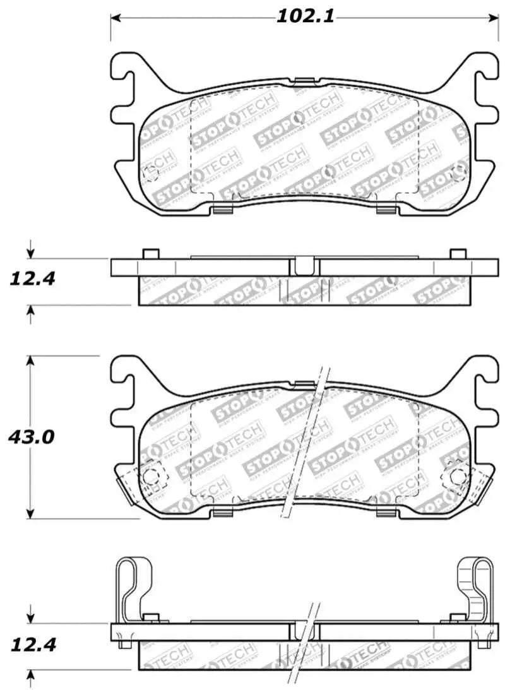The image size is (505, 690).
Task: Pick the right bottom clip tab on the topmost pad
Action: pyautogui.click(x=384, y=210)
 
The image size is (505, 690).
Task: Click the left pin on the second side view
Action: pyautogui.click(x=150, y=254)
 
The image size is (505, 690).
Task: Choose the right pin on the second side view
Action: pyautogui.click(x=457, y=254)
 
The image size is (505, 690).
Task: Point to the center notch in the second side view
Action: pyautogui.click(x=304, y=266)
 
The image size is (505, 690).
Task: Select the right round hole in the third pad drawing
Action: pyautogui.click(x=456, y=478)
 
